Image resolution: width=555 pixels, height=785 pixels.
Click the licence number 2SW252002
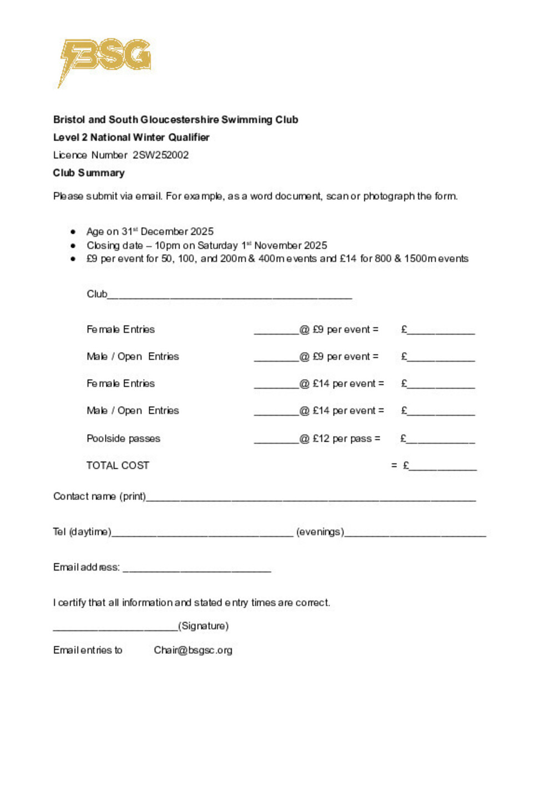click(x=160, y=155)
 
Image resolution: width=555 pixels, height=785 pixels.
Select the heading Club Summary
click(x=89, y=173)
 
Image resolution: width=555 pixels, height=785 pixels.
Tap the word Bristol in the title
click(x=69, y=119)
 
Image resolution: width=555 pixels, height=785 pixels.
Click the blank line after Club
click(x=230, y=297)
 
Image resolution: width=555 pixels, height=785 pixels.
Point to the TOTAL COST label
click(x=118, y=466)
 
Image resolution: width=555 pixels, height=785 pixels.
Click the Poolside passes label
click(x=123, y=438)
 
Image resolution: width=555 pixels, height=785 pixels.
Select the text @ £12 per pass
click(x=340, y=438)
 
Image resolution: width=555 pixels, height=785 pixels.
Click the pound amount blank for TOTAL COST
click(x=443, y=468)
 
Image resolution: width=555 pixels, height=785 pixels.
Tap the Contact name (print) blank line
click(x=311, y=499)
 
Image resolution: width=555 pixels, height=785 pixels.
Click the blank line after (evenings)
click(x=415, y=534)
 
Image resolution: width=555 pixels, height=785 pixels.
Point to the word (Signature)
click(x=203, y=626)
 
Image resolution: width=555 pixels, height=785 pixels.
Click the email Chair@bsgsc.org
click(x=193, y=650)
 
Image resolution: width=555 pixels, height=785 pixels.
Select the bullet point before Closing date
click(x=73, y=245)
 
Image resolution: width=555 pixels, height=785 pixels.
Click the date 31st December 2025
click(x=168, y=232)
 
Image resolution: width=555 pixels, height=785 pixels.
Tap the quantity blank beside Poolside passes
click(x=276, y=441)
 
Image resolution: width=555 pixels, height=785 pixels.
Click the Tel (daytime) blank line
click(x=202, y=534)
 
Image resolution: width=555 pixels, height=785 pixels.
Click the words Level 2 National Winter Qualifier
click(x=131, y=137)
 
